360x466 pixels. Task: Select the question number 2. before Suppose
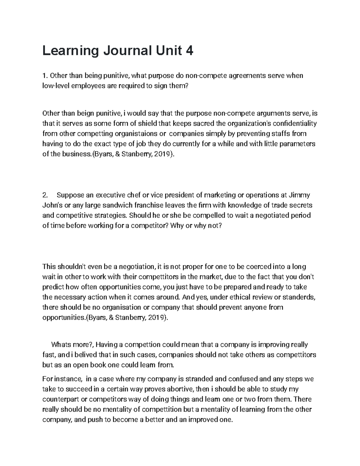click(x=46, y=195)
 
